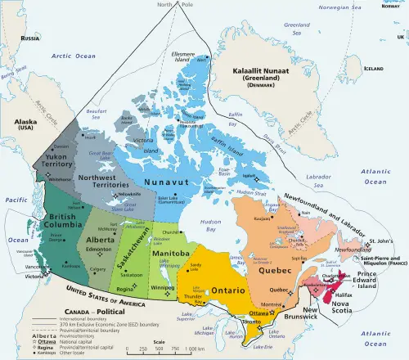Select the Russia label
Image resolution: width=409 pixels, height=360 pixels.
30,38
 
